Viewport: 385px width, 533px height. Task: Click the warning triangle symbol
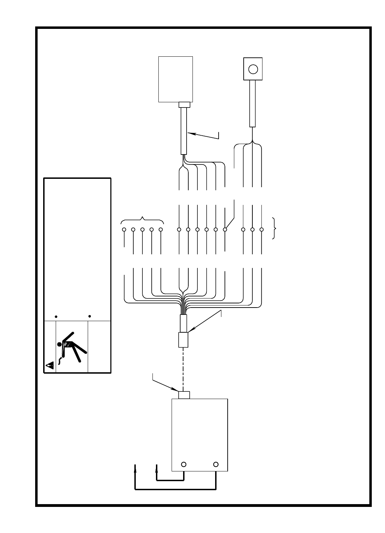click(x=50, y=365)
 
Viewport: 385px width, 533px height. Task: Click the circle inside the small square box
click(x=253, y=69)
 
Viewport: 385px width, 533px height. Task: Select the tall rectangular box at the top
click(x=175, y=79)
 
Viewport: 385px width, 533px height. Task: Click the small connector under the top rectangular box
click(x=184, y=105)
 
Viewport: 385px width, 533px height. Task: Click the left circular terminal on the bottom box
click(x=184, y=464)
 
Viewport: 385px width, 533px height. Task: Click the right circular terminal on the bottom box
click(x=216, y=464)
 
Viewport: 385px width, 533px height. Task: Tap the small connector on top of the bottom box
click(x=184, y=395)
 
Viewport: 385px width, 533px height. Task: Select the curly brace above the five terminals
click(x=142, y=220)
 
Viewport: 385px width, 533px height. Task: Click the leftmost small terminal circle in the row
click(x=124, y=230)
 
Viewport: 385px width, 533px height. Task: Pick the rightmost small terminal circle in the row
click(x=262, y=230)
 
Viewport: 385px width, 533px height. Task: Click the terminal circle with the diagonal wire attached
click(x=225, y=230)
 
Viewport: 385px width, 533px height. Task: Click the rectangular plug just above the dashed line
click(x=183, y=339)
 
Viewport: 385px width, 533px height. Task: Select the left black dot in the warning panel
click(x=56, y=317)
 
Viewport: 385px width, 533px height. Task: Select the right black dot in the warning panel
click(x=90, y=316)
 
